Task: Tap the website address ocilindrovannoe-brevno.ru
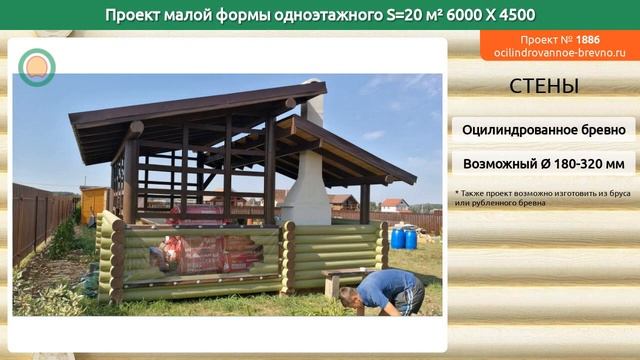(x=558, y=52)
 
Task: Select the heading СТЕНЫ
(x=543, y=86)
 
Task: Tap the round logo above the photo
(x=37, y=67)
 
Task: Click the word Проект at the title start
(x=137, y=14)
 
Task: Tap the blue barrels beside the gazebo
(x=404, y=237)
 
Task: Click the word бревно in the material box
(x=600, y=130)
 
